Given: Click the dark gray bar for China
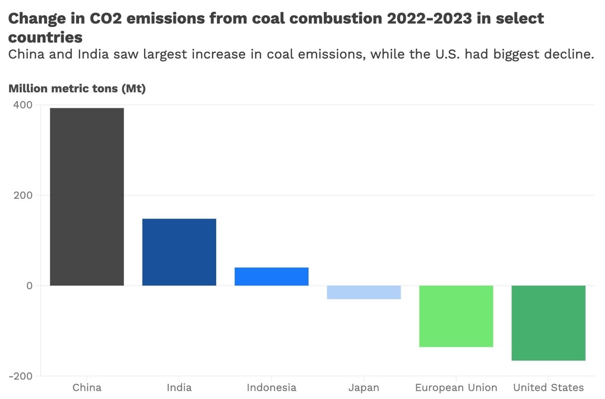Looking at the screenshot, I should (87, 197).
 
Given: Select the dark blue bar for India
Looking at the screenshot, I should (179, 252).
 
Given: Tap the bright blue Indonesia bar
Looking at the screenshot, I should (271, 276).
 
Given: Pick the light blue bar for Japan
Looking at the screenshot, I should (364, 292).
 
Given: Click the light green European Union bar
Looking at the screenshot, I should (456, 316).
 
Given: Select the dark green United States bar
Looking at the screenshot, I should (548, 323).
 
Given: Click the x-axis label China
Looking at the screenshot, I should (87, 388).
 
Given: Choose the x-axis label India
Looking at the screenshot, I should (179, 388).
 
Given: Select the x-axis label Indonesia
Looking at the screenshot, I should (271, 388).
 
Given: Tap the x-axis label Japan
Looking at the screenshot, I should (364, 388).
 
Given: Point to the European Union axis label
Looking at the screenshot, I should (456, 388).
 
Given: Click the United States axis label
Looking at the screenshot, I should (548, 388).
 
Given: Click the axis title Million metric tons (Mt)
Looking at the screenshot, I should (77, 88).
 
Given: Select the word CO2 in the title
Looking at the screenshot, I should (108, 18).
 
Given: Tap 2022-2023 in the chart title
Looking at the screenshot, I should (430, 18).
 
